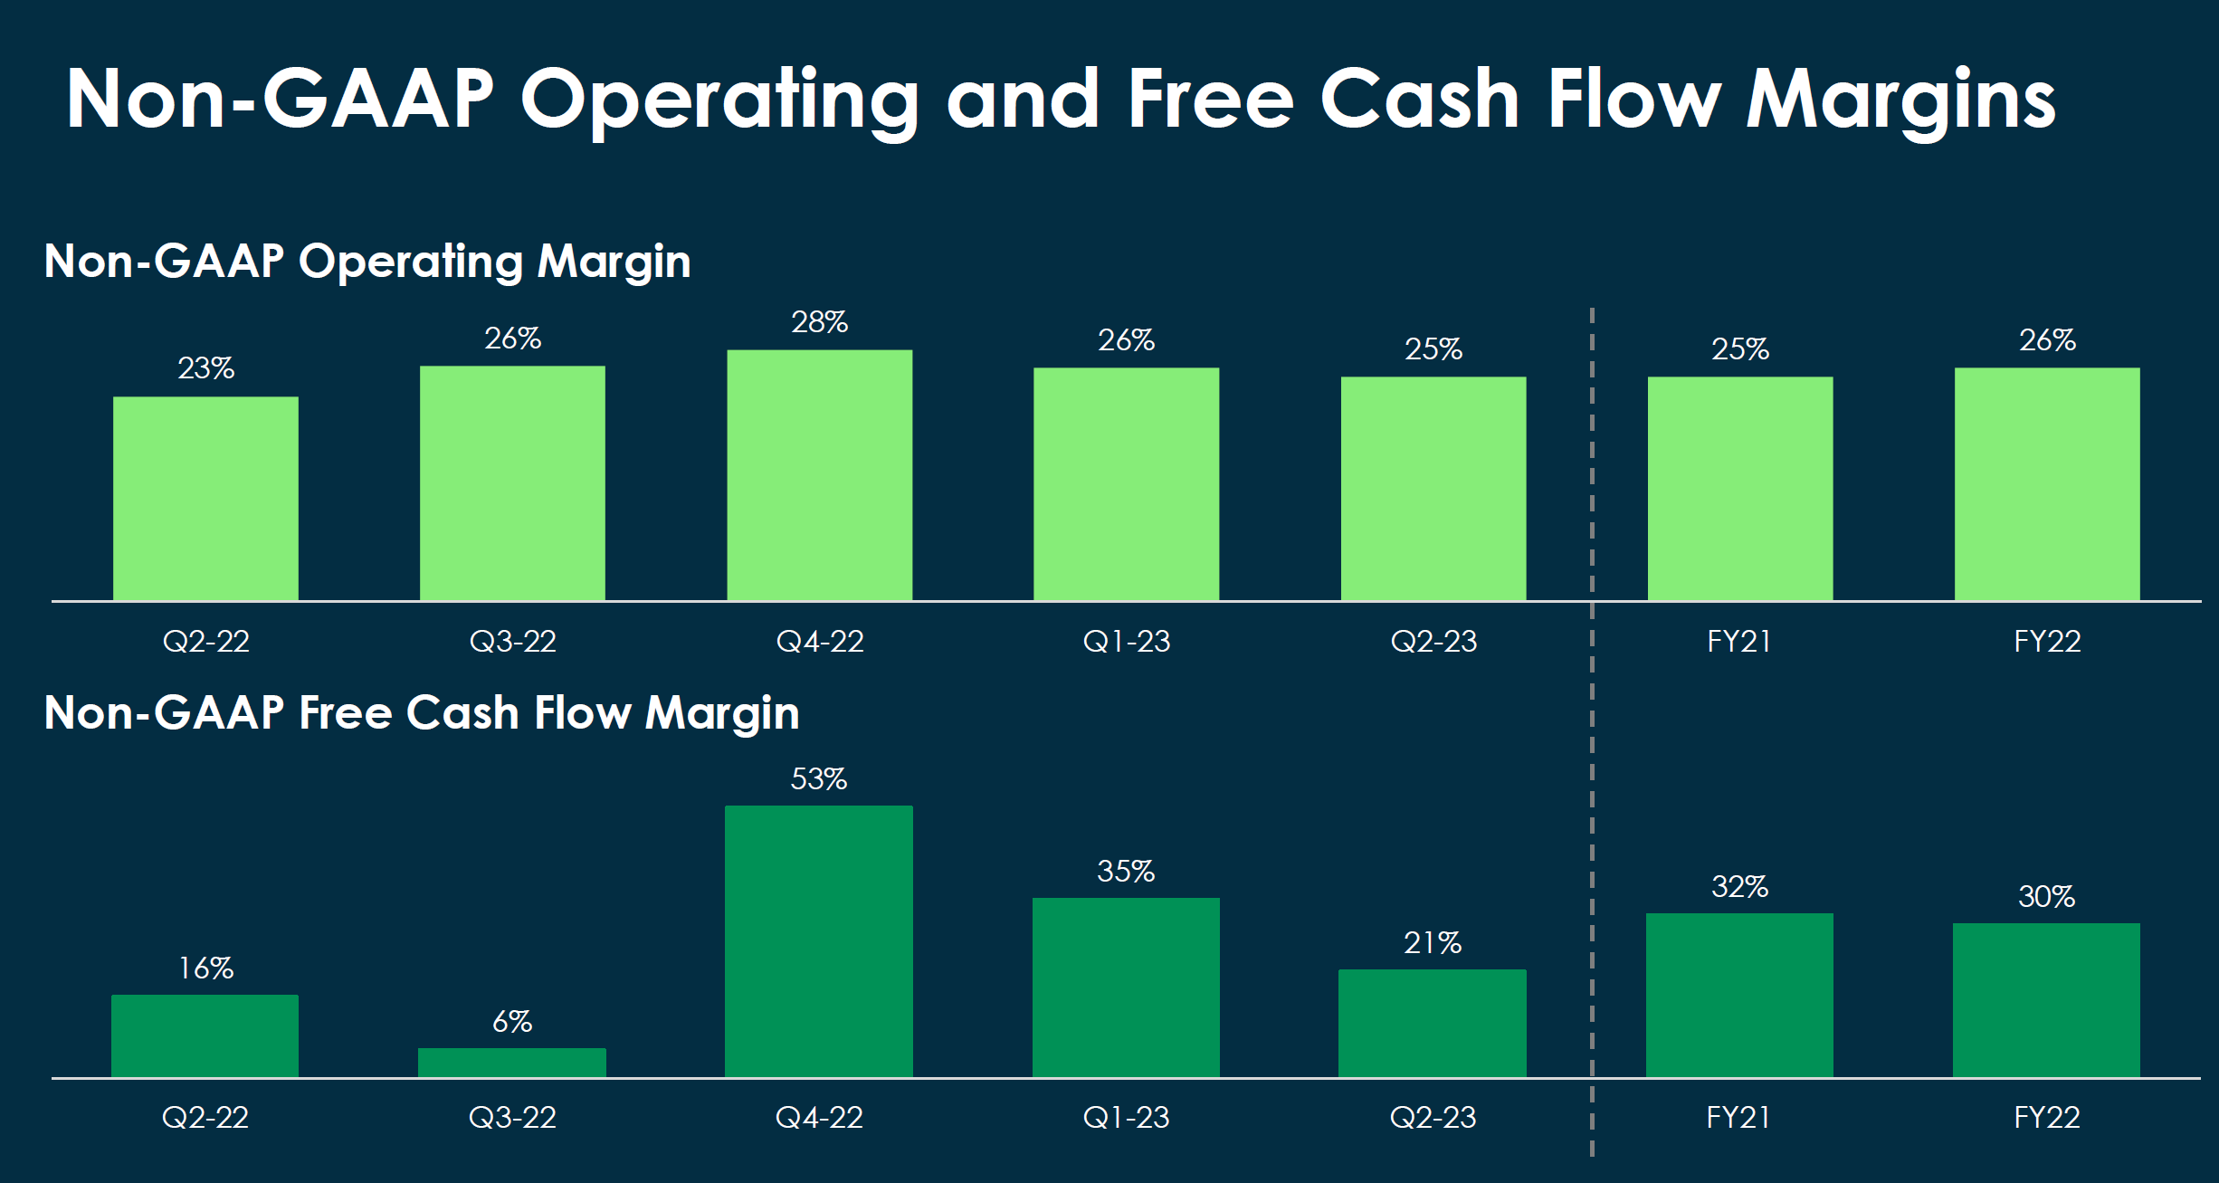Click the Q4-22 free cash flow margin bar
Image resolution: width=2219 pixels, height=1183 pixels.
(819, 941)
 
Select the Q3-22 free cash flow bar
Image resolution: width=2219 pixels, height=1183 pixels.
(512, 1063)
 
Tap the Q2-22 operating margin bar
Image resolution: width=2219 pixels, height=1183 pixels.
(205, 499)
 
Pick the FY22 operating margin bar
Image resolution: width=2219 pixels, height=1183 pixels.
(2047, 484)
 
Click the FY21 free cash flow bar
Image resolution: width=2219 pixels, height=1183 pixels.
(1739, 995)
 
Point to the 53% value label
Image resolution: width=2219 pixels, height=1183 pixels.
(819, 779)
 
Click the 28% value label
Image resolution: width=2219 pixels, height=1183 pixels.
(820, 322)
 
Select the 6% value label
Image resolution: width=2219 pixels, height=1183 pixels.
(512, 1022)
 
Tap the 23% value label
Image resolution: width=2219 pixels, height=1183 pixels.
(206, 368)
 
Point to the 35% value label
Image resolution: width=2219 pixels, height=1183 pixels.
(1126, 872)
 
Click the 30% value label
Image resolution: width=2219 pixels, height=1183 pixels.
(2047, 897)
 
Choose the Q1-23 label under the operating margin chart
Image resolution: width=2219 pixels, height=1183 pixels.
(1127, 642)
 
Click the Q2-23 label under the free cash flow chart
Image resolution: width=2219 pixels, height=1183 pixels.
(1433, 1118)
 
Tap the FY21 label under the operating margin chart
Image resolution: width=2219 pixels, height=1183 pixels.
(1739, 642)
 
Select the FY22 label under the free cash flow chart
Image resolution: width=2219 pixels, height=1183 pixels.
(2047, 1118)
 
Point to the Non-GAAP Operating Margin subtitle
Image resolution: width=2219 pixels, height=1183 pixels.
(367, 262)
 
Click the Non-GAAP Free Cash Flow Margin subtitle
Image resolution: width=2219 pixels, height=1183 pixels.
(422, 713)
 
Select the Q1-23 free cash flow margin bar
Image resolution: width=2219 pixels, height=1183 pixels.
(1126, 987)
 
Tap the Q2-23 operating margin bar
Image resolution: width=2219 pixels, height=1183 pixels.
(1433, 489)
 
